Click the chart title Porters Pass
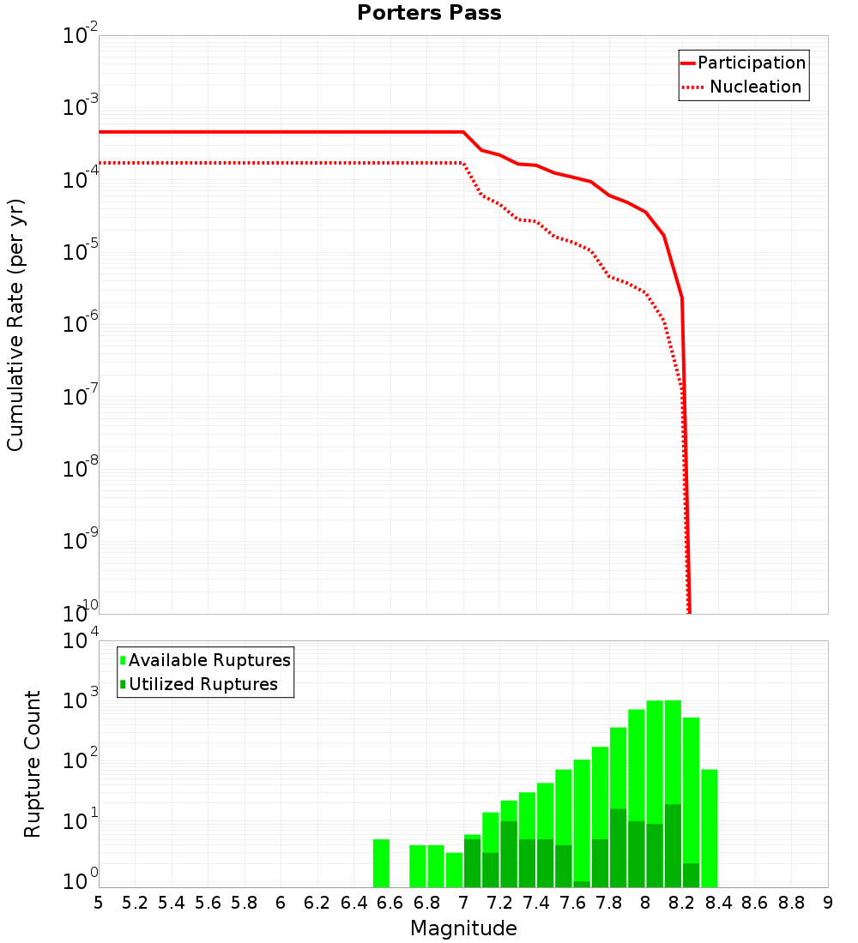429,13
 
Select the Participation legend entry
743,63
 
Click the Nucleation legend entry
743,87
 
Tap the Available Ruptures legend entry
205,660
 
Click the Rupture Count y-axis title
33,764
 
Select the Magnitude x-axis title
463,928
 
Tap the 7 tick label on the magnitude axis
463,903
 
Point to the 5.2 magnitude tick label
135,903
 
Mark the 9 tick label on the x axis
828,903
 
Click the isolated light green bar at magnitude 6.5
382,863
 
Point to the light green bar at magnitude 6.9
455,869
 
